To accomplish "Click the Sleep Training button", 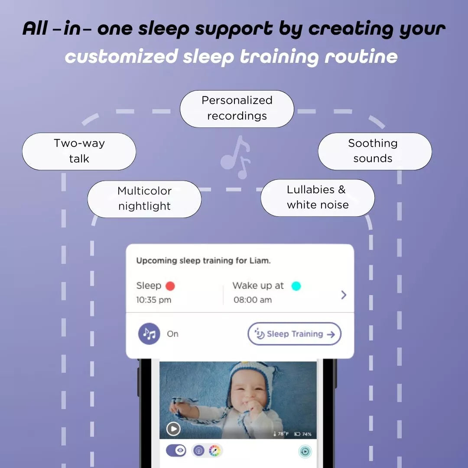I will coord(295,334).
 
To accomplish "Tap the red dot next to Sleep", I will coord(170,286).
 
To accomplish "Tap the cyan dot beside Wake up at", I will coord(296,286).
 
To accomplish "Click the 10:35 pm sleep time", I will coord(153,300).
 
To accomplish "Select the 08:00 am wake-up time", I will coord(253,300).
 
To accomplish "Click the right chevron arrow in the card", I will coord(344,295).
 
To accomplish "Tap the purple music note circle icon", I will coord(149,334).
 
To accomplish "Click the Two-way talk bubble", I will coord(79,151).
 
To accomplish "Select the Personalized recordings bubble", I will coord(237,108).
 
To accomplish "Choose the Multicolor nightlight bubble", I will coord(144,199).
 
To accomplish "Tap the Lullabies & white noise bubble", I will coord(317,198).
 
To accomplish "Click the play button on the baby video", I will coord(173,429).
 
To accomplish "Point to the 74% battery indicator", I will coord(303,434).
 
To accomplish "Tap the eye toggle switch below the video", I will coord(176,451).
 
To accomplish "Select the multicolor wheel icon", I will coord(214,451).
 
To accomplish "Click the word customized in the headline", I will coord(121,56).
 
